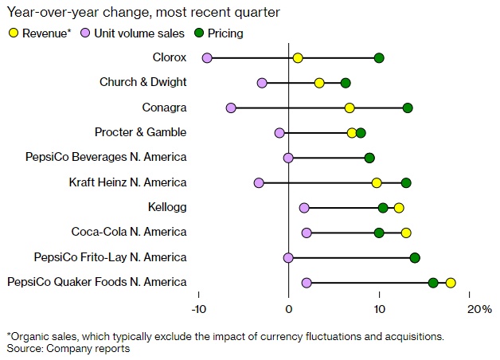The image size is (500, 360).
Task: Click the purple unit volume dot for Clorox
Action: click(207, 58)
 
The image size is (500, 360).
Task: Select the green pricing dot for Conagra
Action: click(408, 108)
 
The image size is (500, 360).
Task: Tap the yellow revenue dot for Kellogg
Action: click(399, 208)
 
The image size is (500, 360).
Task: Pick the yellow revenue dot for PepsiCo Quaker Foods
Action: click(451, 282)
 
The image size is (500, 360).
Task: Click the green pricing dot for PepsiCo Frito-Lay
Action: click(415, 257)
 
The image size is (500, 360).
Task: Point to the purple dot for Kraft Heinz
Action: click(259, 183)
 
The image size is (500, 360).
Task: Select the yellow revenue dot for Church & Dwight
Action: click(319, 83)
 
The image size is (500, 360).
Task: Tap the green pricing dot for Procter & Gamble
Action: click(361, 133)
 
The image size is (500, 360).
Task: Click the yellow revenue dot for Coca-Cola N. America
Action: click(406, 233)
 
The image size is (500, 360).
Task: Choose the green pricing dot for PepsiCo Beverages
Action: click(369, 158)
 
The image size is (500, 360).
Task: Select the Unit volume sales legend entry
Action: click(133, 33)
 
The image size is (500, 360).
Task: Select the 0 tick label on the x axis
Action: click(288, 309)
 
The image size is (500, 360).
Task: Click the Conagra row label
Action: click(166, 108)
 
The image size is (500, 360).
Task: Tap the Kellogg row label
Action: click(167, 208)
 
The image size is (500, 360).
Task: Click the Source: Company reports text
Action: click(68, 348)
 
